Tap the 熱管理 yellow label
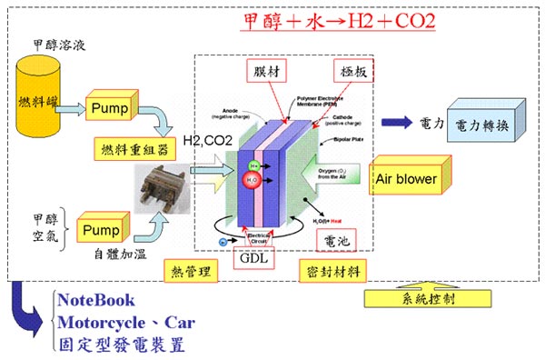tap(192, 270)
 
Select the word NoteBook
tap(95, 300)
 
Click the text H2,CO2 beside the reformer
tap(206, 139)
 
